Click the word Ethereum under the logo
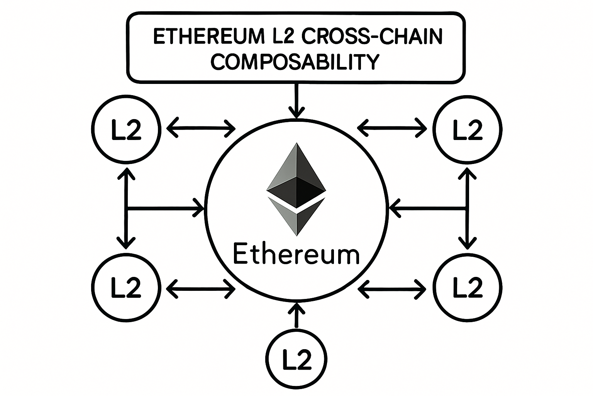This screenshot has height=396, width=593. point(296,254)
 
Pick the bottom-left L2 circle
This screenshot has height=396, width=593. point(125,288)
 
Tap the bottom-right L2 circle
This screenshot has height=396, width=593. point(467,288)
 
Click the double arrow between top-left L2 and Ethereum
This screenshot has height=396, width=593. point(201,127)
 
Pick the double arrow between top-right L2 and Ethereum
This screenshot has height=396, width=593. point(392,127)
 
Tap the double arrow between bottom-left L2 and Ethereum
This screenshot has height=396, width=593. point(201,288)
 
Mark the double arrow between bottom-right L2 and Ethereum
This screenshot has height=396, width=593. point(392,288)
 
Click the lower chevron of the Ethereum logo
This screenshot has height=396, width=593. point(296,218)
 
